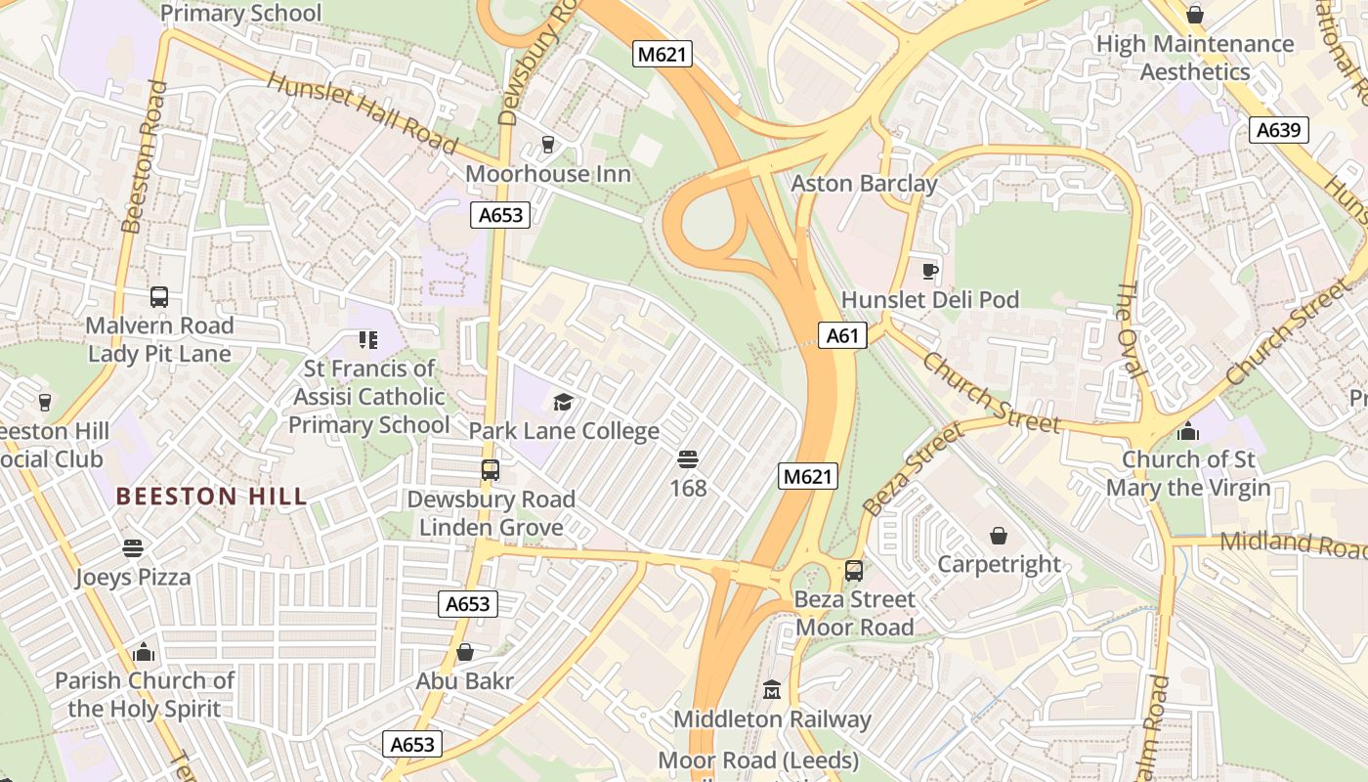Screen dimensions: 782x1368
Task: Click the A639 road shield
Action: point(1278,130)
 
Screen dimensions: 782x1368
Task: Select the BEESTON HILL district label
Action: point(211,496)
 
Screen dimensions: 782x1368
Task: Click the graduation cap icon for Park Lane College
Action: point(563,402)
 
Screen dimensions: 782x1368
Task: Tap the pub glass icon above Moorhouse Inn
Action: point(547,145)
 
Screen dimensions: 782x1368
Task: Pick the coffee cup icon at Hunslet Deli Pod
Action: point(929,271)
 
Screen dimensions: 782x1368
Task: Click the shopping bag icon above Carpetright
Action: point(998,536)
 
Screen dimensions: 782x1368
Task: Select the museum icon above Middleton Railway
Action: point(772,690)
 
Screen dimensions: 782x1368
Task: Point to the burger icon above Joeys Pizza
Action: point(133,548)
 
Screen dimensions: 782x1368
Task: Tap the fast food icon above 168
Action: point(687,458)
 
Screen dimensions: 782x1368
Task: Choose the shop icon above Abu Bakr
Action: point(465,652)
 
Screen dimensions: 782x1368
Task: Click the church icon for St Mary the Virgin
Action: point(1188,430)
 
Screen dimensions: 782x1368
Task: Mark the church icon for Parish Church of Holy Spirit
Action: point(144,651)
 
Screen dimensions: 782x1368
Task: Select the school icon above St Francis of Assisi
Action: point(367,340)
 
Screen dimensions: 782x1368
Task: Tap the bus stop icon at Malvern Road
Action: point(159,297)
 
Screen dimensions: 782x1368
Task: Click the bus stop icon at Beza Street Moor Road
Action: point(853,571)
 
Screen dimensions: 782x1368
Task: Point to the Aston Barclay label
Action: point(864,184)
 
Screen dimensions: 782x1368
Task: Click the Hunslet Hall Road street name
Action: point(362,113)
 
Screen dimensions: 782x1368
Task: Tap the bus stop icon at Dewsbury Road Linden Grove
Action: point(491,470)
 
